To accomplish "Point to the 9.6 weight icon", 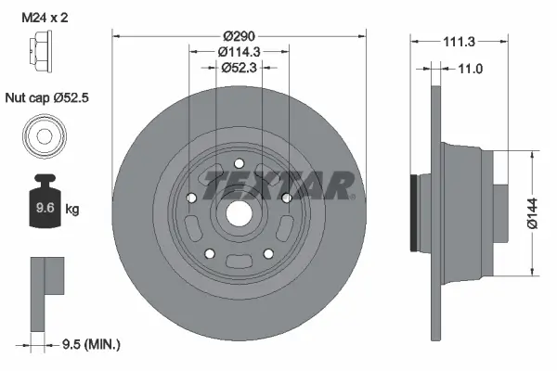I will [x=44, y=206].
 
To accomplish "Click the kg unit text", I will [x=71, y=210].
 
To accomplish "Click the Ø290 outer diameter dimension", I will [x=239, y=34].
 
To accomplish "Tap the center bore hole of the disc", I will [x=239, y=211].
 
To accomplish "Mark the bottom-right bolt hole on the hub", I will [x=268, y=253].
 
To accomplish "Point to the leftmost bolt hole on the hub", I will [x=189, y=198].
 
